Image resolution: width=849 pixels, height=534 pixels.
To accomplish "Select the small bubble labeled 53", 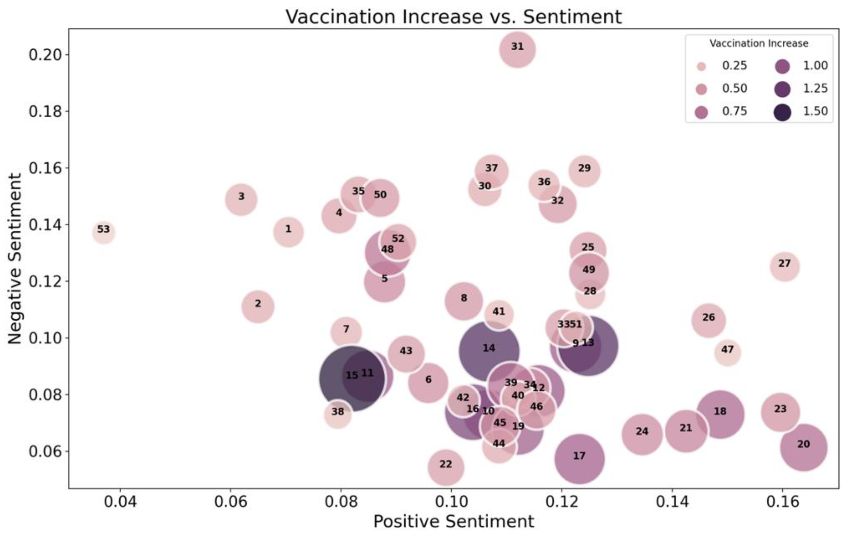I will click(104, 233).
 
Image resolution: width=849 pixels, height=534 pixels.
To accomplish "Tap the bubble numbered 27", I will click(784, 267).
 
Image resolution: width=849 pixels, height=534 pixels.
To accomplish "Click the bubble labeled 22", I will click(446, 468).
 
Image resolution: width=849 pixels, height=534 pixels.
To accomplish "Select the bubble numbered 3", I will click(241, 200).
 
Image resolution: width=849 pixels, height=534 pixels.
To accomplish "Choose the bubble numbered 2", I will click(258, 306).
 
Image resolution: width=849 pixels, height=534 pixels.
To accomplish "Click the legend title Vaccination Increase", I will click(759, 44).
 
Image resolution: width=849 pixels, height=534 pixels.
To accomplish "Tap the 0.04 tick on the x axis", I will click(120, 501).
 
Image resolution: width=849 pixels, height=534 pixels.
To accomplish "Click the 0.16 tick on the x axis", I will click(782, 501).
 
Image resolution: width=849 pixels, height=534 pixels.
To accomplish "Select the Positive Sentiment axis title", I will click(454, 522).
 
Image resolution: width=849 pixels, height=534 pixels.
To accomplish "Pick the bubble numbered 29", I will click(584, 171).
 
